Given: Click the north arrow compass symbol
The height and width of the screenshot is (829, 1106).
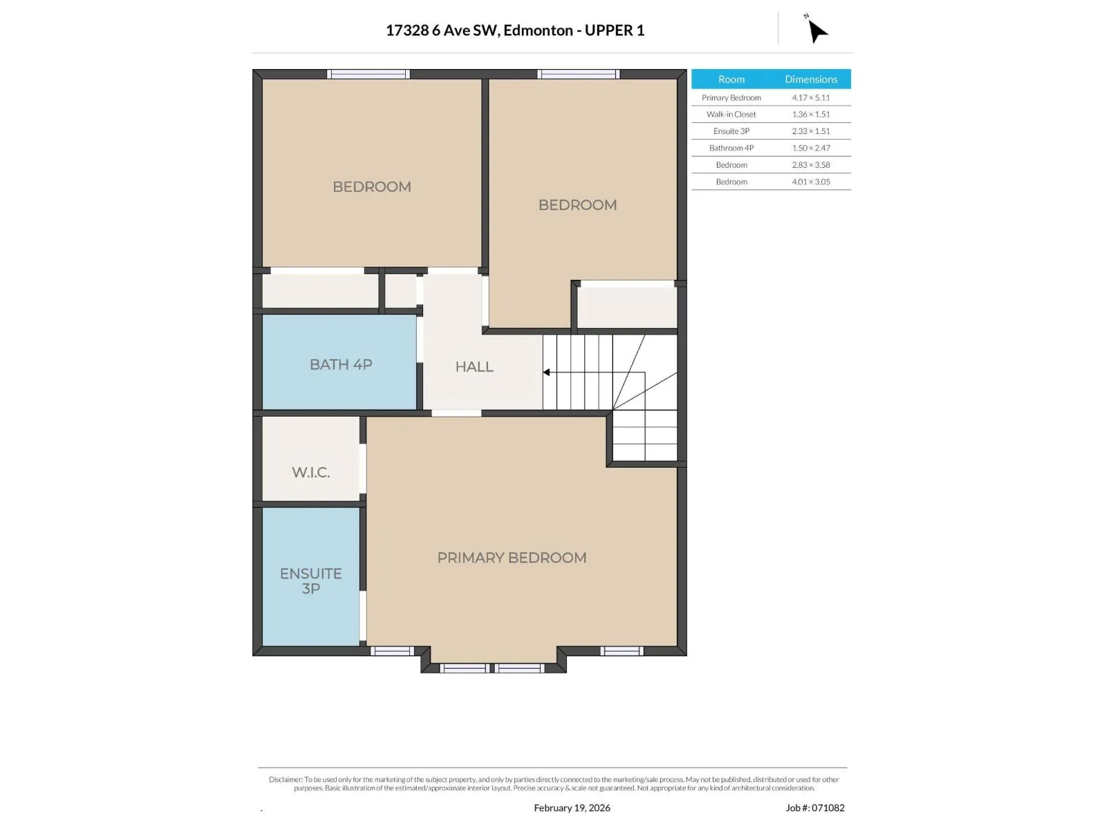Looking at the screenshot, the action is [816, 30].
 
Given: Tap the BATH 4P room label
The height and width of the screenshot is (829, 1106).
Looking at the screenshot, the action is [341, 365].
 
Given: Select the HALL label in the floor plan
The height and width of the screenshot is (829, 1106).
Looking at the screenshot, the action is [474, 366].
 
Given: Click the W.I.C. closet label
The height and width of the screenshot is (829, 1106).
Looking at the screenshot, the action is [311, 472].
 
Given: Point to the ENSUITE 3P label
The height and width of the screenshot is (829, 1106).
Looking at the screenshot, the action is [311, 581].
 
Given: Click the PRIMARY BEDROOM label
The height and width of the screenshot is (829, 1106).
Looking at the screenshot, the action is [512, 558].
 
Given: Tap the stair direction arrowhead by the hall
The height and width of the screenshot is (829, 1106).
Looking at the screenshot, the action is [545, 372].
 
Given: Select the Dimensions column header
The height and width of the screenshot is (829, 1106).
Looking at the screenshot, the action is [811, 79].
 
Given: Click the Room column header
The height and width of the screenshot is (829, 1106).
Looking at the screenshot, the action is [731, 79].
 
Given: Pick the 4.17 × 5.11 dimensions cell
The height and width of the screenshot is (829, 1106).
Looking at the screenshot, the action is [810, 97].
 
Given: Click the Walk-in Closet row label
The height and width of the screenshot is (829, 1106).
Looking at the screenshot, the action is [731, 114].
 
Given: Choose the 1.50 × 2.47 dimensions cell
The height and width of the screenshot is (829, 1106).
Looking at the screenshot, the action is [811, 148].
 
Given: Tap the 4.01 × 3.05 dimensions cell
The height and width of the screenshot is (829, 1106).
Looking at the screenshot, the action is [811, 182].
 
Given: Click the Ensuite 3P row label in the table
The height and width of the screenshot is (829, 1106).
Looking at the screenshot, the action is [731, 131].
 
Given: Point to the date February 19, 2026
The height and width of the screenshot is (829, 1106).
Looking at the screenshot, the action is [572, 808].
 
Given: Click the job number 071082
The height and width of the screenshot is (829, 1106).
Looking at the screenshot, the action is [827, 808].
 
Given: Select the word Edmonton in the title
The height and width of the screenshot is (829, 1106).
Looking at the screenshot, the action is [538, 30].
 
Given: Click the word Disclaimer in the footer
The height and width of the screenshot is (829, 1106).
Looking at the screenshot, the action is [285, 779].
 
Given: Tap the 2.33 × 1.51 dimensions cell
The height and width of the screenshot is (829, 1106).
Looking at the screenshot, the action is [811, 131].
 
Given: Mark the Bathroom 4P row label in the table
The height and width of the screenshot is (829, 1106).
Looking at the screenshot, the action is [731, 148].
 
